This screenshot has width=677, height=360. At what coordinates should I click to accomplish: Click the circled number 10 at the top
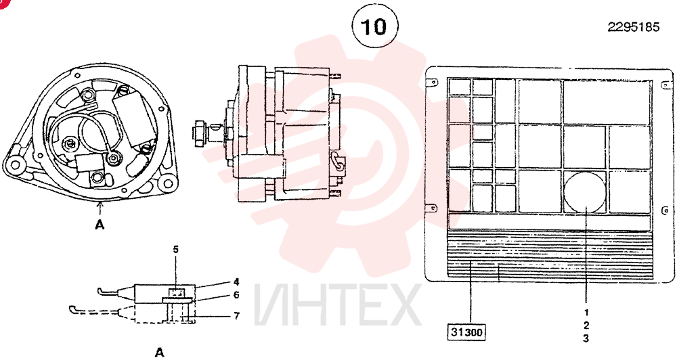373,27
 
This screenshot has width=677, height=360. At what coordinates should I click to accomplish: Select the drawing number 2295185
634,27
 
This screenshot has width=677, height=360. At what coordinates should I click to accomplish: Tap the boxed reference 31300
466,332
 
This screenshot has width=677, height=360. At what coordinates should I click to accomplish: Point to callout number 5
176,250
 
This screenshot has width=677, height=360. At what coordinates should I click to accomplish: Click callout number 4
236,282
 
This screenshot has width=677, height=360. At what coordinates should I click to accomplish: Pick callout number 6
236,295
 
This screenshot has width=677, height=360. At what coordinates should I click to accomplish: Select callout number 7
236,316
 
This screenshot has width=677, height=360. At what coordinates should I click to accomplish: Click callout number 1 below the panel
586,313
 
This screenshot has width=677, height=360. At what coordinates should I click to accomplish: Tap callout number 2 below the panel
586,325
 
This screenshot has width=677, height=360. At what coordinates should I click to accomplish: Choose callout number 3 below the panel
586,338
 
